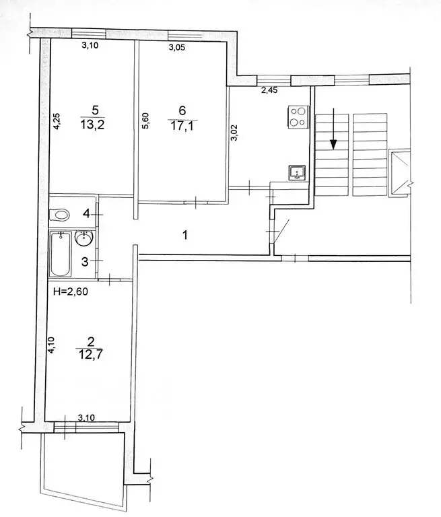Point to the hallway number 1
pyautogui.click(x=184, y=235)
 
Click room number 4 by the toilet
pyautogui.click(x=85, y=214)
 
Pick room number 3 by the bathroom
pyautogui.click(x=85, y=261)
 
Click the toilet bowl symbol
pyautogui.click(x=61, y=215)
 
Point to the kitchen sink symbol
pyautogui.click(x=296, y=173)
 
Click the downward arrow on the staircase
pyautogui.click(x=333, y=142)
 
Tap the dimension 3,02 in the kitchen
pyautogui.click(x=234, y=131)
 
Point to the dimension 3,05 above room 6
pyautogui.click(x=178, y=47)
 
